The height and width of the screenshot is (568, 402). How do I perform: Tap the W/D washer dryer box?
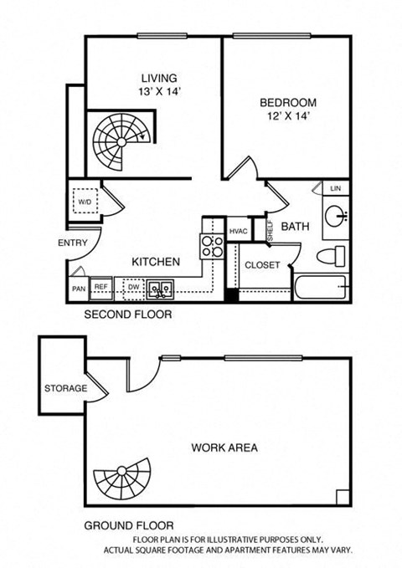coord(85,202)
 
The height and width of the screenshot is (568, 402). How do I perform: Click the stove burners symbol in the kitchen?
coord(211,246)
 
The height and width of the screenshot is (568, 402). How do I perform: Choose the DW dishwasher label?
coord(132,287)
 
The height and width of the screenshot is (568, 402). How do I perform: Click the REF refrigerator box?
coord(101,287)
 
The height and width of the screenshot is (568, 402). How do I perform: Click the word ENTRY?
coord(72,243)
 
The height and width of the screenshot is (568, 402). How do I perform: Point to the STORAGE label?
coord(66,389)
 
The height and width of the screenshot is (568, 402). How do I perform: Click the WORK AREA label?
coord(224,448)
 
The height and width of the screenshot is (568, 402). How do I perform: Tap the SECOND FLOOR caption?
coord(128,315)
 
